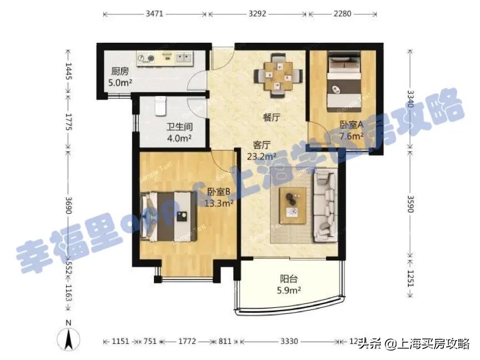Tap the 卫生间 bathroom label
tap(179, 126)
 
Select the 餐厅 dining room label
tap(271, 118)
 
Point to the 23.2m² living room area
tap(262, 156)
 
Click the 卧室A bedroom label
tap(352, 125)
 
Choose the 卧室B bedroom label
tap(219, 192)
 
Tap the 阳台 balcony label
tap(289, 279)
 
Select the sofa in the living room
tap(326, 206)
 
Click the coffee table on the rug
tap(292, 204)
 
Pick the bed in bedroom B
tap(170, 217)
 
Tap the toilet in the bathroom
tap(161, 105)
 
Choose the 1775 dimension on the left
tap(68, 122)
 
